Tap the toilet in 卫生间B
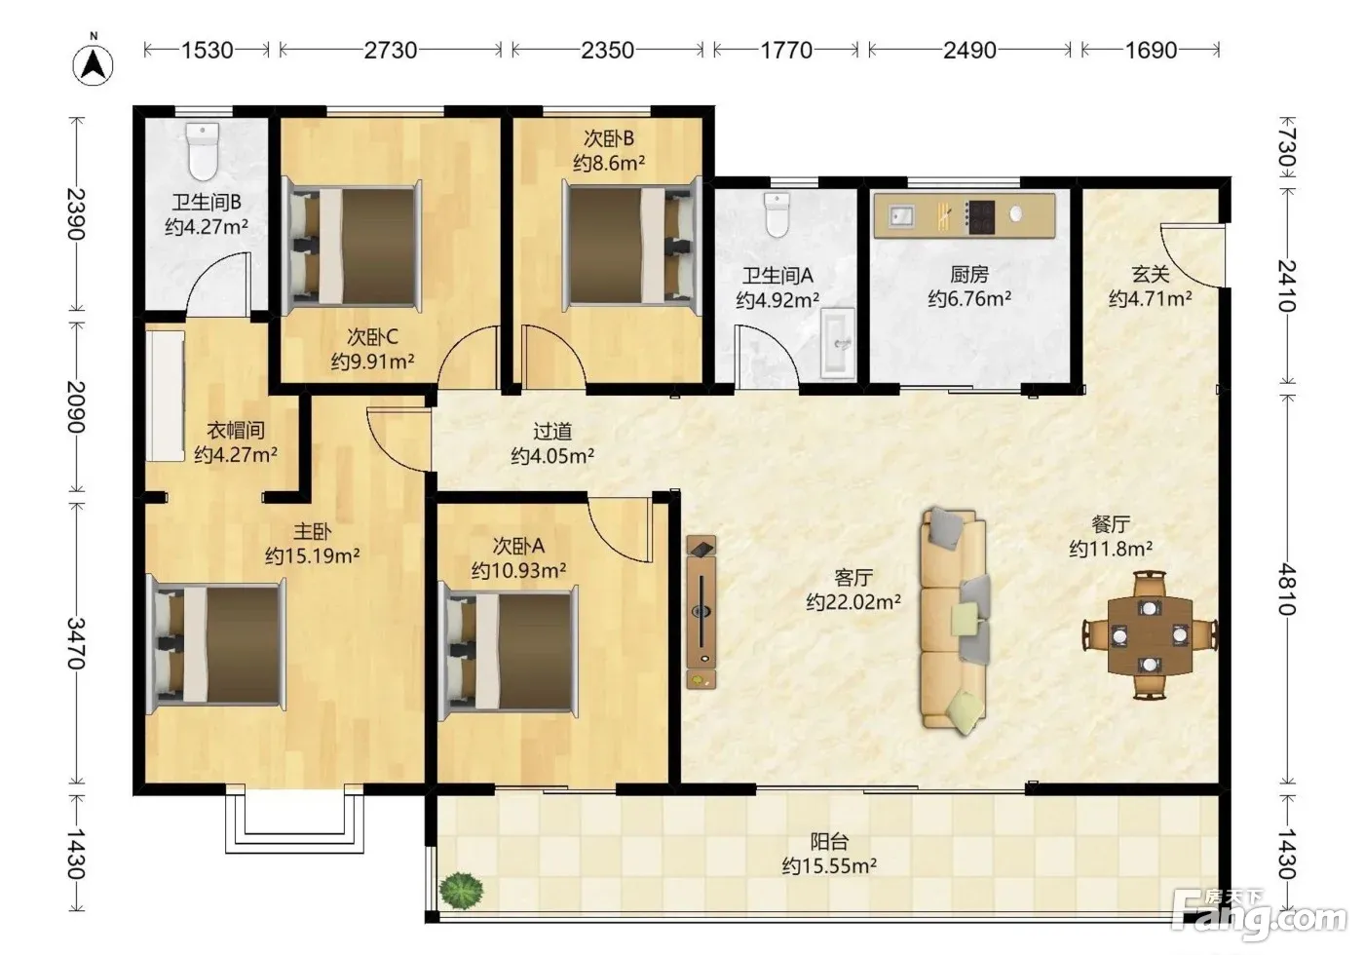tap(203, 152)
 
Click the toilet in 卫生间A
tap(777, 215)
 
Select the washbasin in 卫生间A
tap(838, 343)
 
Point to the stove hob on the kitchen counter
tap(980, 216)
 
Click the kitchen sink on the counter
tap(901, 215)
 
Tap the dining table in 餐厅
tap(1150, 635)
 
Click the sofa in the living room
tap(954, 620)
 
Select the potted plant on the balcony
tap(463, 890)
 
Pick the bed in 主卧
tap(216, 645)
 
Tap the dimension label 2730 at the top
tap(391, 50)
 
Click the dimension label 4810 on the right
tap(1287, 589)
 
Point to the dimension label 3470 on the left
tap(76, 643)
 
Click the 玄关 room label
tap(1151, 274)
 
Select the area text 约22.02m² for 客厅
tap(853, 602)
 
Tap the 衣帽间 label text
tap(236, 430)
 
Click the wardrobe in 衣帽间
tap(165, 396)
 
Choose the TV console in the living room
tap(701, 612)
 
